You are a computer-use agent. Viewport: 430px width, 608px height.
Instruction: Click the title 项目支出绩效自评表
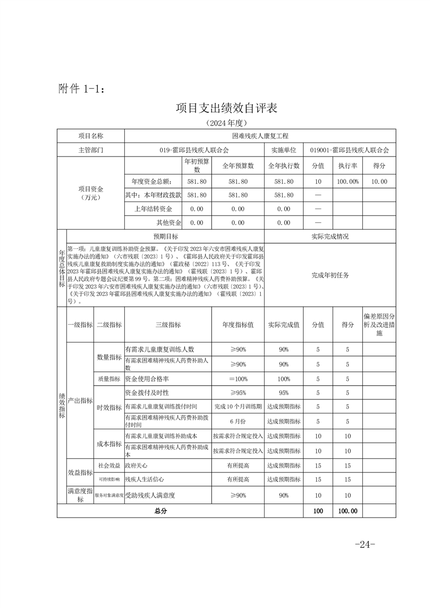[226, 108]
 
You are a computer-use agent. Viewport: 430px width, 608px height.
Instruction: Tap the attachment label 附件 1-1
[79, 89]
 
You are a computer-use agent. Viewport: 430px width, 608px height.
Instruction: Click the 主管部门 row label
[91, 150]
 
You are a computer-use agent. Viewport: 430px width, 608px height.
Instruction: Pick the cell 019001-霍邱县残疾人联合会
[350, 150]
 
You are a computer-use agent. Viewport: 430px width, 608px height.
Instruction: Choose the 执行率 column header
[348, 166]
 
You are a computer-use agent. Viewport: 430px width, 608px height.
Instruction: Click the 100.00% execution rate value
[348, 182]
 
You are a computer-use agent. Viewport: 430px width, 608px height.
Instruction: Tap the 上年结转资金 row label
[153, 209]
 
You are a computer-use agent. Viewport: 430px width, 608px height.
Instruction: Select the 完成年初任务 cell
[330, 275]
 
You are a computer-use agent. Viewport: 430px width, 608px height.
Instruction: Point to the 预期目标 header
[165, 237]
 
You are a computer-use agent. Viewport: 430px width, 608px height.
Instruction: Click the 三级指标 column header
[168, 325]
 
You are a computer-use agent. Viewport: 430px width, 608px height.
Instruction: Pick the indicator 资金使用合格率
[147, 379]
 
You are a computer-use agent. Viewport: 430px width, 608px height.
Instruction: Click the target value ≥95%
[238, 393]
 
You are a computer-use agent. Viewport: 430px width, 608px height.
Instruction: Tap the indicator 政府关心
[136, 465]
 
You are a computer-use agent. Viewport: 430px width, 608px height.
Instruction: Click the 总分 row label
[161, 510]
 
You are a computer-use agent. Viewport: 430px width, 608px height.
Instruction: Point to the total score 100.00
[348, 510]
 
